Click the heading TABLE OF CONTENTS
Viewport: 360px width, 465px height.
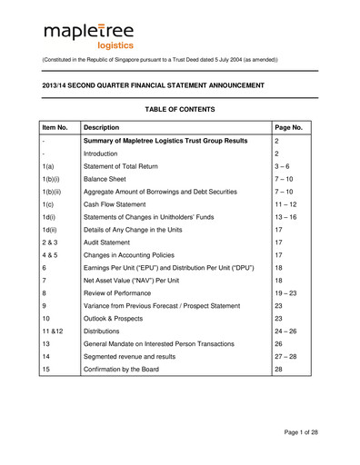[179, 109]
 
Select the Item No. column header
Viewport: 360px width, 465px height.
[57, 128]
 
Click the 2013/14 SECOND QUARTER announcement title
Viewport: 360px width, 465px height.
[154, 84]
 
